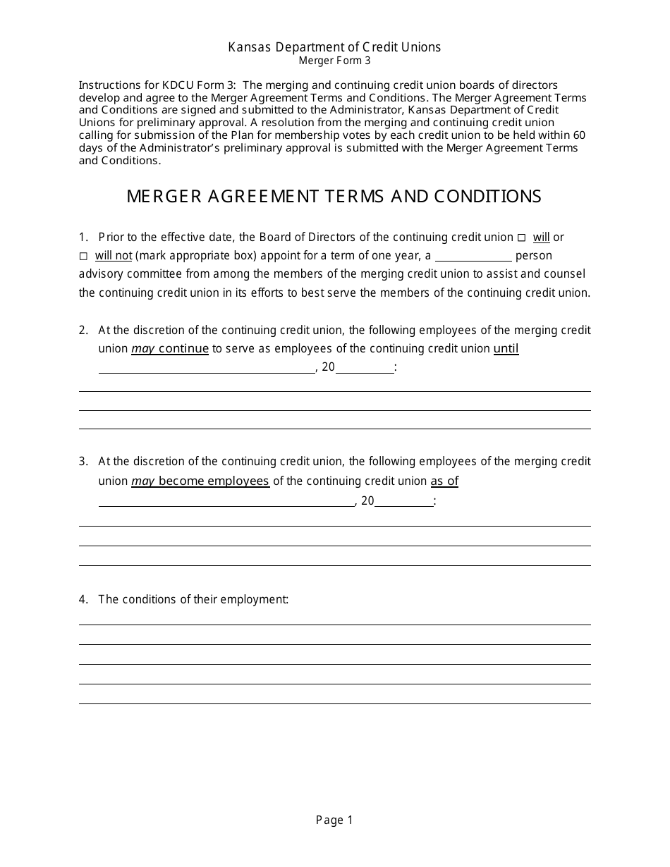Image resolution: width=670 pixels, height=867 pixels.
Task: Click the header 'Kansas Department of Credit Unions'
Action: pos(334,47)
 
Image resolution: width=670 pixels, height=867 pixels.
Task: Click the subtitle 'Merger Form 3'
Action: pos(334,61)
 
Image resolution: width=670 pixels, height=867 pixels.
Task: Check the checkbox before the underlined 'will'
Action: pos(521,238)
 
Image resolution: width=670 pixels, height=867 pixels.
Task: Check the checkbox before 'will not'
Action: pos(83,256)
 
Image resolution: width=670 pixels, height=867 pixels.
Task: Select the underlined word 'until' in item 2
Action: pos(506,348)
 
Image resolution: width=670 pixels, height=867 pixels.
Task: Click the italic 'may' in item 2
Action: pos(143,348)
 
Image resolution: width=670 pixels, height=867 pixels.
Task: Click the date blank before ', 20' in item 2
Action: pos(207,367)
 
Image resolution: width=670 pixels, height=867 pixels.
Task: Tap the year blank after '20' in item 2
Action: pos(365,367)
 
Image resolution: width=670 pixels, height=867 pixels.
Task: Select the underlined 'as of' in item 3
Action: pos(444,481)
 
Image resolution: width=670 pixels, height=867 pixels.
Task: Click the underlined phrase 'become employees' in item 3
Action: pos(214,481)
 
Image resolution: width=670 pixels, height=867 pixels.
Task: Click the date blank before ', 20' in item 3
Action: pos(226,501)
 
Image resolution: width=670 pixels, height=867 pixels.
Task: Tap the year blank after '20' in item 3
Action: pos(404,501)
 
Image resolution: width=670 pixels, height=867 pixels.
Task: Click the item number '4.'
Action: pos(84,599)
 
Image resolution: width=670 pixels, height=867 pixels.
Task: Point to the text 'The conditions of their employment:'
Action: pos(193,599)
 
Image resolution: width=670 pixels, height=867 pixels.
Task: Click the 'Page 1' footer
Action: pos(334,820)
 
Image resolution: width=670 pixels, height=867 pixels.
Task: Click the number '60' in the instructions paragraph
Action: pos(579,135)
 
